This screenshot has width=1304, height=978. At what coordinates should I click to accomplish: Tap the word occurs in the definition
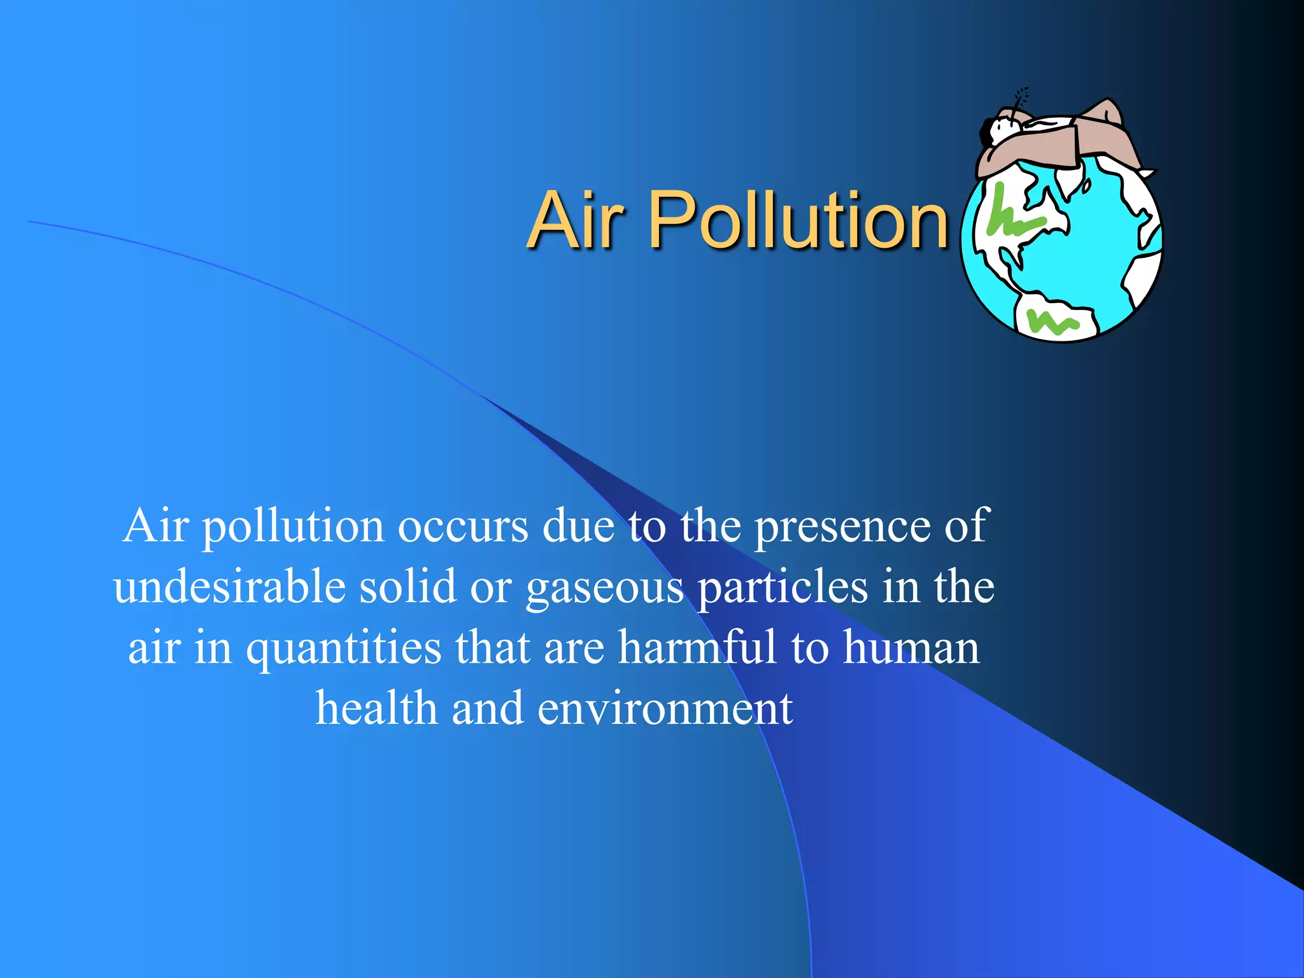click(x=463, y=527)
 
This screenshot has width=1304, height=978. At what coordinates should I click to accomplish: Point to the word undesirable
click(x=230, y=586)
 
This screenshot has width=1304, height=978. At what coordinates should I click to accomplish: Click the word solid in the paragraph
click(x=407, y=586)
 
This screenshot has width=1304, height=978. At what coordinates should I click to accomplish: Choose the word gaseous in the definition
click(x=604, y=588)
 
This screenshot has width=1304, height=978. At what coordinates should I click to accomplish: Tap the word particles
click(x=783, y=588)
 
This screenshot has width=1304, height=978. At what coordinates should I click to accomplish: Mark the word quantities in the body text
click(x=343, y=648)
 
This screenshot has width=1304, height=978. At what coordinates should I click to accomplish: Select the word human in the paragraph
click(x=911, y=648)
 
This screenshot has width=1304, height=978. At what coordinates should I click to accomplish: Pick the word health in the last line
click(x=376, y=708)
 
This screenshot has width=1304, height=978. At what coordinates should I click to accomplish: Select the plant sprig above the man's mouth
click(x=1021, y=99)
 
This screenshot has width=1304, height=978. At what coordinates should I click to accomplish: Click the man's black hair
click(x=986, y=132)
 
